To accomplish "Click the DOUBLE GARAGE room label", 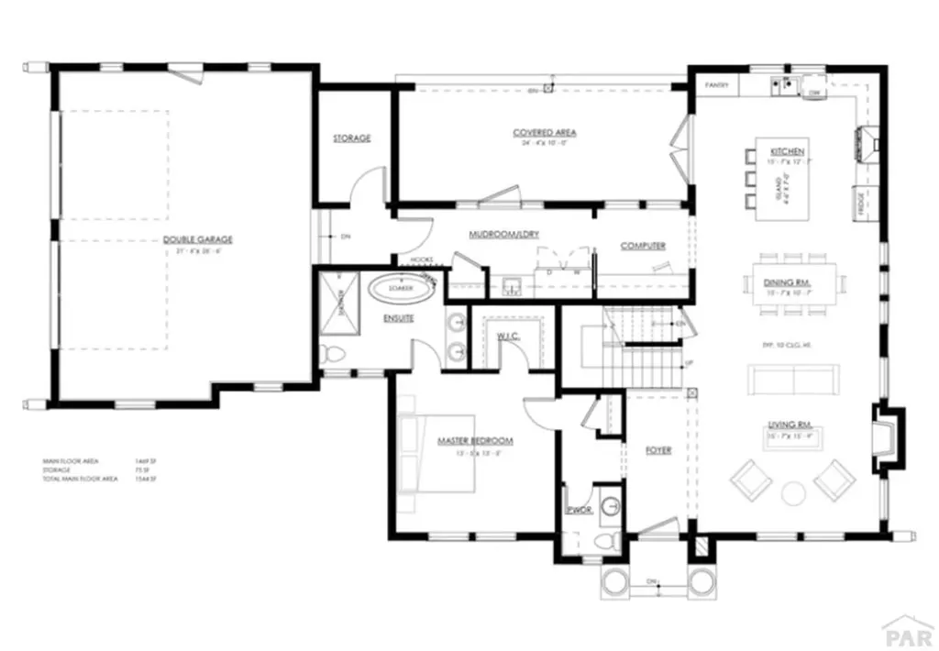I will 197,240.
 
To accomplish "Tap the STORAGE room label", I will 351,138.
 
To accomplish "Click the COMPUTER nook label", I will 643,246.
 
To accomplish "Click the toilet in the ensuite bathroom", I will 331,354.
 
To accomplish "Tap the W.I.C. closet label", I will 509,335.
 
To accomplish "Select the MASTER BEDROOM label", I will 474,441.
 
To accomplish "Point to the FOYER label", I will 658,450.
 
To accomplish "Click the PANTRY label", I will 716,86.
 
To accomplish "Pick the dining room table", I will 792,282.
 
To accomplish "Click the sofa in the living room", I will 793,378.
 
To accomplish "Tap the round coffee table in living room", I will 792,494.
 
